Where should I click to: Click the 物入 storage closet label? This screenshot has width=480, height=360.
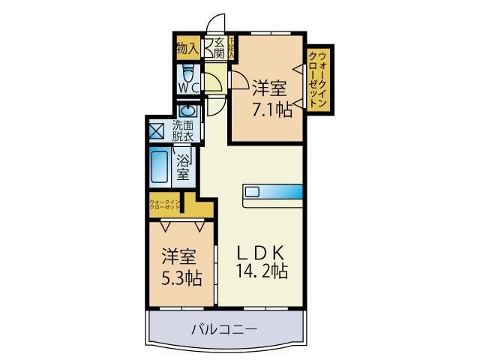pos(187,49)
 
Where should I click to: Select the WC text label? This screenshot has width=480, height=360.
pos(188,89)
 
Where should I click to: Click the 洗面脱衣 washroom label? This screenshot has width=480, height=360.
pos(182,130)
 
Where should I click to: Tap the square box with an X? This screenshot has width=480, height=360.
pos(157,130)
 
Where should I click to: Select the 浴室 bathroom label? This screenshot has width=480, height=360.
pos(183,166)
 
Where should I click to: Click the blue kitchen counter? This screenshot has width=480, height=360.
pos(272,191)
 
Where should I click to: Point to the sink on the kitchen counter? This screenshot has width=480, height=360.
pos(251,192)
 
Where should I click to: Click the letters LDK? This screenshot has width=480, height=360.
pos(259,251)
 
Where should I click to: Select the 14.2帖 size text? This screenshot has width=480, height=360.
pos(259,271)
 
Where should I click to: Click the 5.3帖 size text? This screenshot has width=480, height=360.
pos(180,277)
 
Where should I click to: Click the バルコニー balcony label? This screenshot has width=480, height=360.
pos(224,328)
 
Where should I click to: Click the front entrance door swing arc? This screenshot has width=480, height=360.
pos(216,22)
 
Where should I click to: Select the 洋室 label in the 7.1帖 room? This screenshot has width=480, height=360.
pos(269,88)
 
